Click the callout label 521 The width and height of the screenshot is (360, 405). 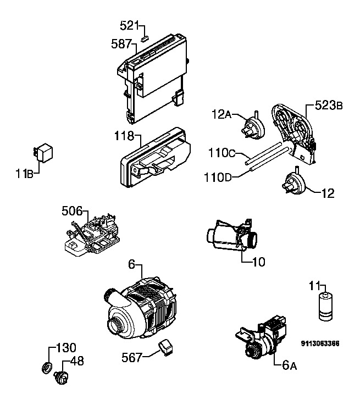coord(129,26)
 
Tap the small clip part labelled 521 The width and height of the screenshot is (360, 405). coord(145,39)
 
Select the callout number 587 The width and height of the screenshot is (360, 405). coord(121,44)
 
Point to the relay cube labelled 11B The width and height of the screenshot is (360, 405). coord(43,153)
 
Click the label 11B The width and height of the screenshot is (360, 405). coord(25,174)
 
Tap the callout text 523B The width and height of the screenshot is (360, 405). coord(329,106)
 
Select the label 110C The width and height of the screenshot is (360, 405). coord(222,153)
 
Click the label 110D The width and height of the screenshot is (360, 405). coord(218,177)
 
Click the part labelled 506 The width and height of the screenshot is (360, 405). coord(92,236)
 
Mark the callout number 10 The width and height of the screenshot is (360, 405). coord(258,262)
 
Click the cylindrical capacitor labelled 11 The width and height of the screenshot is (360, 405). coord(325,307)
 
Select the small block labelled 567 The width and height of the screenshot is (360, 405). coord(165,348)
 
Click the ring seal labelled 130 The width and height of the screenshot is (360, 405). coord(47,368)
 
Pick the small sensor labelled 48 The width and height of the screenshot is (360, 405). coord(61,378)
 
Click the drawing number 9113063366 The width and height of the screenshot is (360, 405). coord(320,343)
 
